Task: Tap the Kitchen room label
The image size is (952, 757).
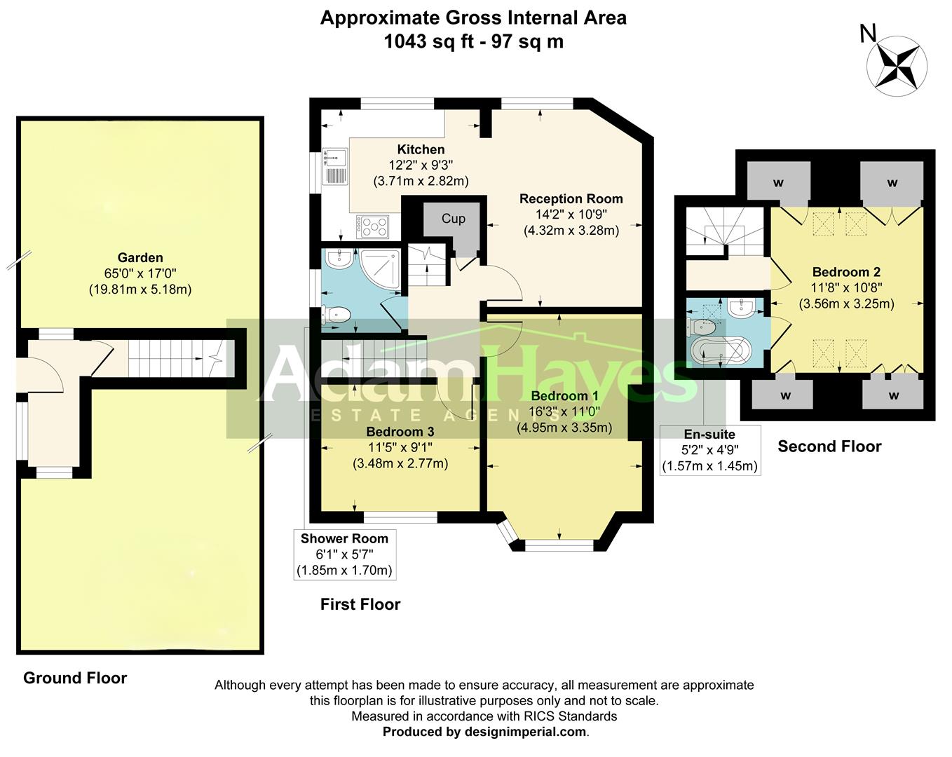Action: (421, 149)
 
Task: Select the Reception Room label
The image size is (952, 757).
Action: (571, 198)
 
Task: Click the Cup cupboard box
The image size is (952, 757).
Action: (453, 219)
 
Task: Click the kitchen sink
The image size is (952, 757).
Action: (334, 168)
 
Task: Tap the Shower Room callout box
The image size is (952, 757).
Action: (344, 554)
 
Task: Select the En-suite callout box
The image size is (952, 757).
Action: (709, 450)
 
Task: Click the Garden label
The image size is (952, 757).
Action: (140, 258)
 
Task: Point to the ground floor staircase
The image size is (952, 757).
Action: (175, 358)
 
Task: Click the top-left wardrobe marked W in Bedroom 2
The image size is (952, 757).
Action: (778, 182)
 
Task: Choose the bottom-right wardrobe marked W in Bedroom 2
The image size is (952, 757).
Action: (893, 395)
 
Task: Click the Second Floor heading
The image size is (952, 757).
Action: (829, 446)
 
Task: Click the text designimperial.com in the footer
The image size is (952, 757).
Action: (525, 732)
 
